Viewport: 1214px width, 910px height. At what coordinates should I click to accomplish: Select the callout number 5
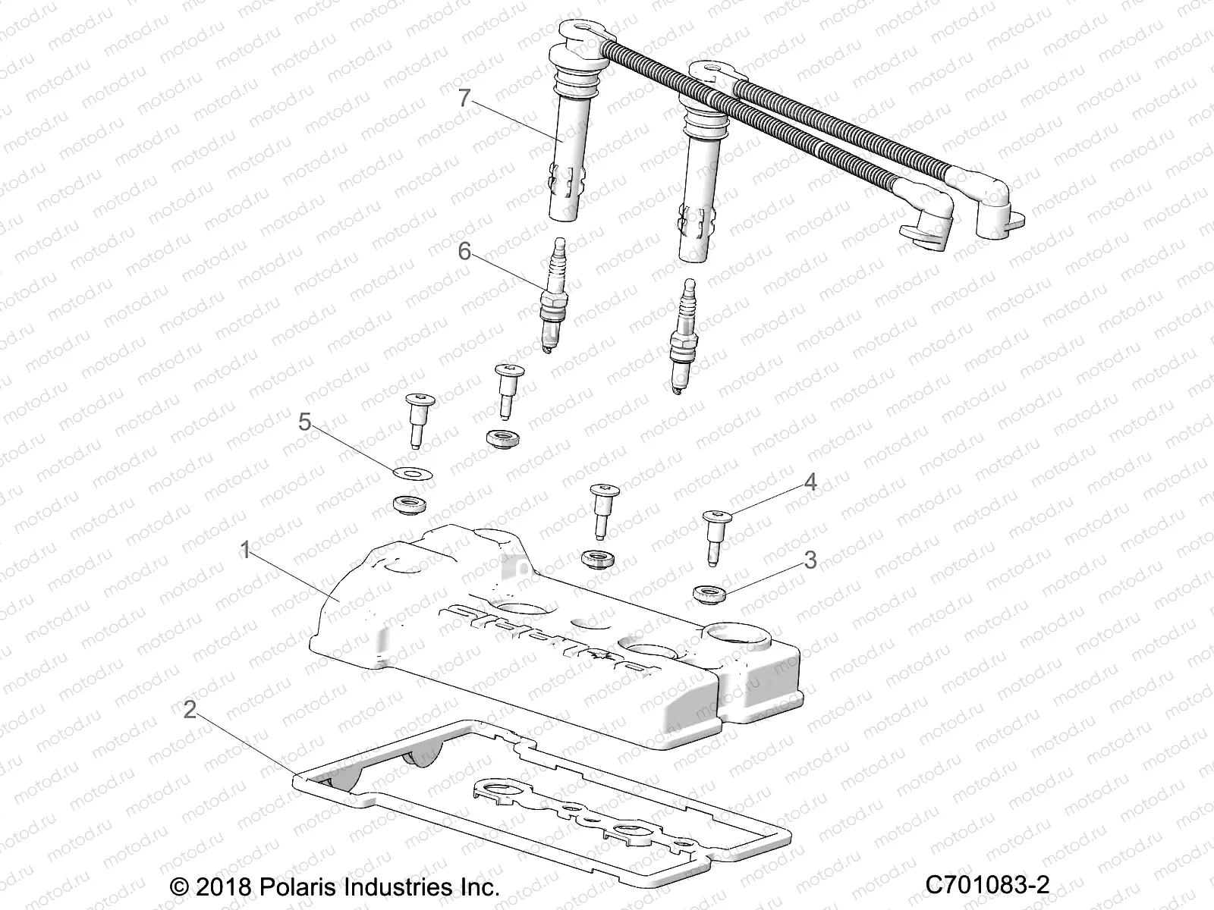click(304, 422)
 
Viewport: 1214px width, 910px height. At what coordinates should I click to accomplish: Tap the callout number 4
click(810, 482)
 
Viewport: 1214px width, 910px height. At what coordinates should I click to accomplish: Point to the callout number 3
click(810, 560)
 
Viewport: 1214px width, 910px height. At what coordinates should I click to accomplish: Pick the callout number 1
click(244, 550)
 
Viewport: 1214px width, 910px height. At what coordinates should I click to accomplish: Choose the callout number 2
click(190, 710)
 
